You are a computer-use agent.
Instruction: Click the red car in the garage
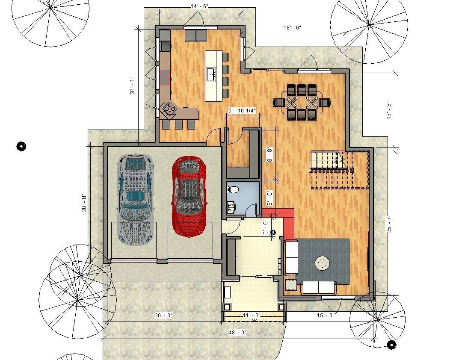189,197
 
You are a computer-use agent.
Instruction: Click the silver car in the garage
135,199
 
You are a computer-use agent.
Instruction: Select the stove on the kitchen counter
168,109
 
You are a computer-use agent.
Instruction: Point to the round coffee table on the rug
322,263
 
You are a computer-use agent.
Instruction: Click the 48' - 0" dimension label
238,332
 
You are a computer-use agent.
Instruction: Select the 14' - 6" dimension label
199,6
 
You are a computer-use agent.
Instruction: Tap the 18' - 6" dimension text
293,27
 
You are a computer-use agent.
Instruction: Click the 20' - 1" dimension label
133,86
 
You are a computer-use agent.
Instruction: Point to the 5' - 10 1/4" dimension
242,111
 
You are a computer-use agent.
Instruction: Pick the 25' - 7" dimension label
388,224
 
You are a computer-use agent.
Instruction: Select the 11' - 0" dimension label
252,316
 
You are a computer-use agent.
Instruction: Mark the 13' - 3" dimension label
388,110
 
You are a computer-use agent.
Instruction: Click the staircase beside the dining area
338,169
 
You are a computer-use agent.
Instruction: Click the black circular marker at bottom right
391,344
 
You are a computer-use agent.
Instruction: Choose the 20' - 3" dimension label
164,316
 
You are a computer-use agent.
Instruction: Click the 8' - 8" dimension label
269,155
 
